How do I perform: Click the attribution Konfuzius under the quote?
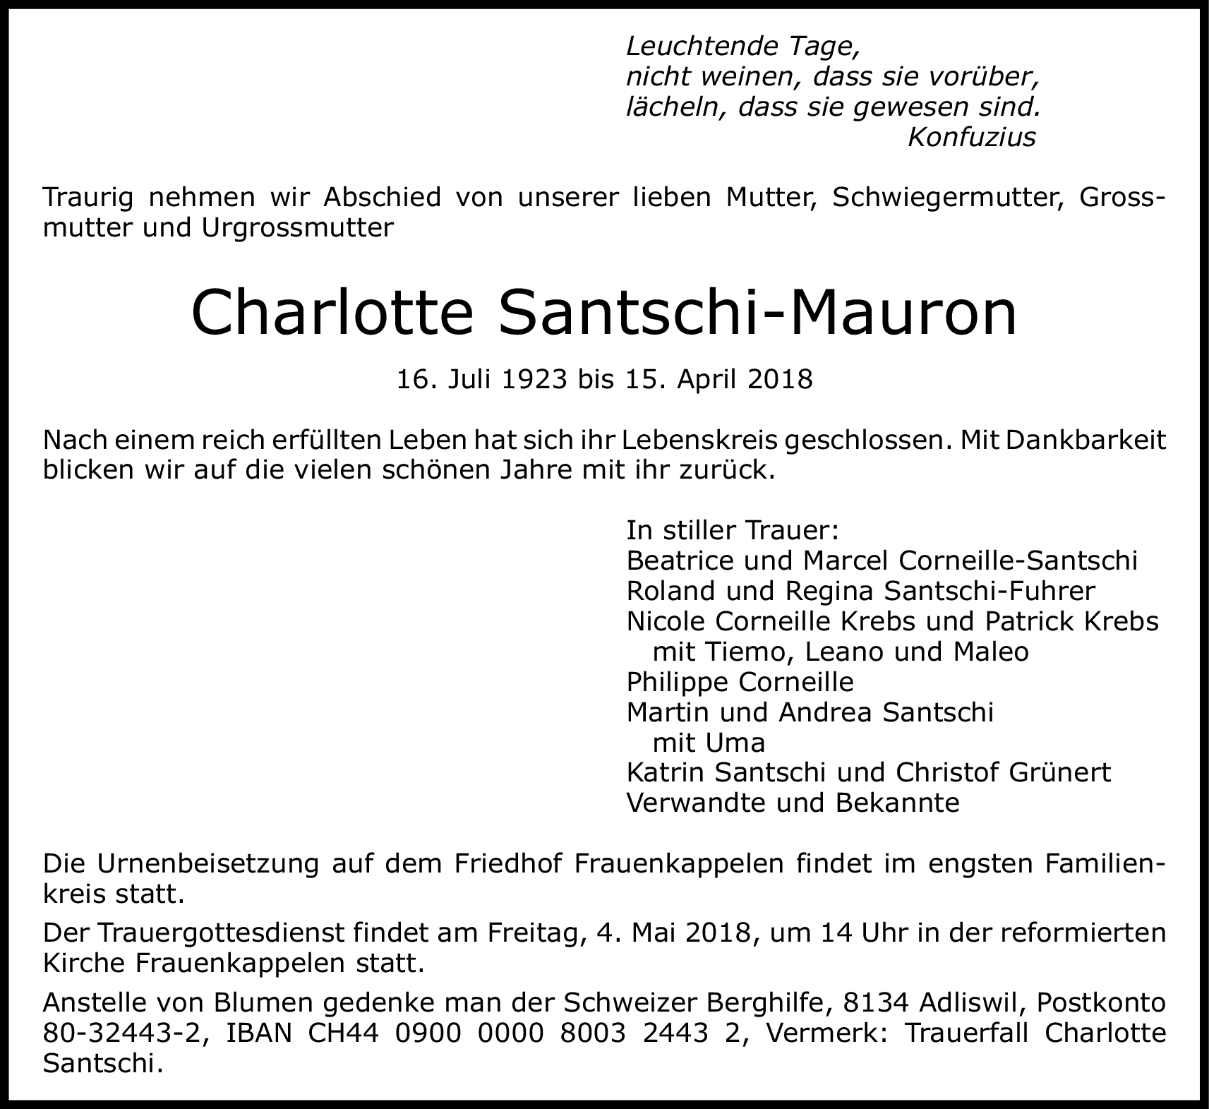point(971,137)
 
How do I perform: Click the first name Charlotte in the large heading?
point(331,312)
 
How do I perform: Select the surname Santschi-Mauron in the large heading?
point(757,312)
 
